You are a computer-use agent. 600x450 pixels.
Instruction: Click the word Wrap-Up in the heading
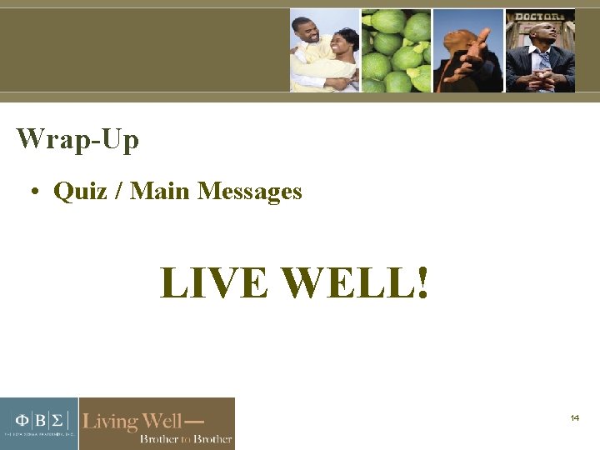pos(77,139)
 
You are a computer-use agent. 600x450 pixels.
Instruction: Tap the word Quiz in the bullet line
pos(80,192)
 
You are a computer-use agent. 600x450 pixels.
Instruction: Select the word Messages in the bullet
pos(249,192)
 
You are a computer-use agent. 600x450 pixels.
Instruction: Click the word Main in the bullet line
pos(162,192)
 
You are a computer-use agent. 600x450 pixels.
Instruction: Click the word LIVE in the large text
pos(213,283)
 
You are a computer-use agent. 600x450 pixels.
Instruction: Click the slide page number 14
pos(575,417)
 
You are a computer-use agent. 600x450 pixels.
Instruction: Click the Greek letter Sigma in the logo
pos(61,418)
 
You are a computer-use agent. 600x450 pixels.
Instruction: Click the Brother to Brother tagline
pos(185,438)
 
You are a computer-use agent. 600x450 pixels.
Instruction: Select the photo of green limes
pos(396,50)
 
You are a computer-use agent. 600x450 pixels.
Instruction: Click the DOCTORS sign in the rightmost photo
pos(538,17)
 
